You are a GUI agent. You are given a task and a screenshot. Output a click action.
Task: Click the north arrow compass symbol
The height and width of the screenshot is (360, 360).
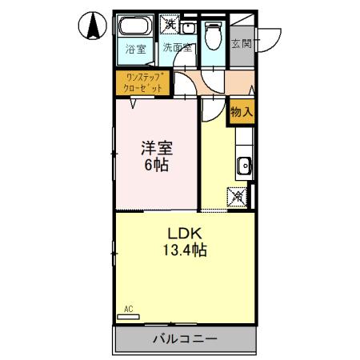coord(94,27)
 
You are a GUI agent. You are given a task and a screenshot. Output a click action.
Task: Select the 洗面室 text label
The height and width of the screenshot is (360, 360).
coord(177,49)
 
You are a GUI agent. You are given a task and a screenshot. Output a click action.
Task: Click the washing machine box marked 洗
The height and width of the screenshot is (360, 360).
coord(170,23)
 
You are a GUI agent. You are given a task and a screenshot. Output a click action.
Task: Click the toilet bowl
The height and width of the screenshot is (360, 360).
coord(214,34)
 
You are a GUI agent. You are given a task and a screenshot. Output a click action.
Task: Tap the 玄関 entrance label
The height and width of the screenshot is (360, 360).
coord(242,44)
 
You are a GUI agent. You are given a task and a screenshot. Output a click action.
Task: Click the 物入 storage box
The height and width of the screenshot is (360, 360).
coord(242,112)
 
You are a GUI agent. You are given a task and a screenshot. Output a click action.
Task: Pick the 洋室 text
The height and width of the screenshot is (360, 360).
coord(157,150)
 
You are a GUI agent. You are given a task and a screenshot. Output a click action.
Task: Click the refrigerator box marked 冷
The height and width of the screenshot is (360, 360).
coord(238,194)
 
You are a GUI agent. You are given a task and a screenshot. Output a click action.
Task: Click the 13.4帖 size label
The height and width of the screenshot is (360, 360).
coord(186,250)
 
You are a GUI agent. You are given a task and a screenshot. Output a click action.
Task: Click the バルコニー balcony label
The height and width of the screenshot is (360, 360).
coord(185,338)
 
